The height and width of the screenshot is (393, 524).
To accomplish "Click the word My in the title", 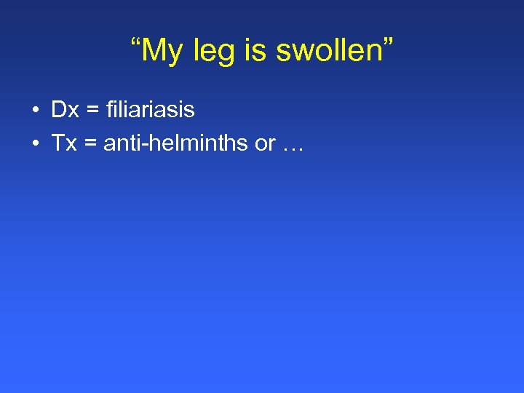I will coord(162,52).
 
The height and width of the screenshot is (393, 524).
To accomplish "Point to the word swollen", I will coord(322,50).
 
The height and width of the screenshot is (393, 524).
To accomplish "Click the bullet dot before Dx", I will coord(35,111).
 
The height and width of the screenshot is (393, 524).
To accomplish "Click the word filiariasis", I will coord(150,110).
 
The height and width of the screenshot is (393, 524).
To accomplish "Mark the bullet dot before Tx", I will coord(35,144).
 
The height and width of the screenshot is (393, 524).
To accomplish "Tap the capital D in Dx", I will coord(57,110).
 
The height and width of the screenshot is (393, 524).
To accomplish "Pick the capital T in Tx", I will coord(57,143).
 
